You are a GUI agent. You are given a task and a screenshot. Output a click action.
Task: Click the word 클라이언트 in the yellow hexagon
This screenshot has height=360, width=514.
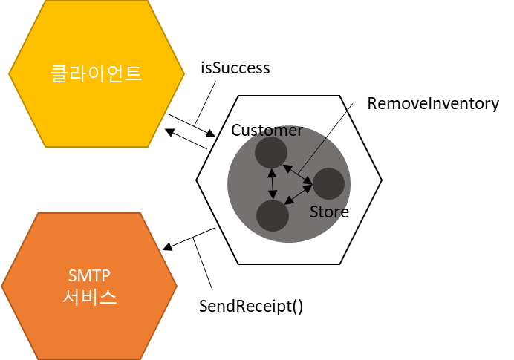tap(96, 73)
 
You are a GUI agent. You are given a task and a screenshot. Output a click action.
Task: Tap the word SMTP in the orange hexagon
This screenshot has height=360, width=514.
tap(89, 275)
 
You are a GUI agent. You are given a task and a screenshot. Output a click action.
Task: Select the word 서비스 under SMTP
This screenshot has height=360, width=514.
tap(89, 298)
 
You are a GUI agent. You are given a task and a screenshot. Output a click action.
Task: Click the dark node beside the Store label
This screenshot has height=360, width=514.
tap(328, 183)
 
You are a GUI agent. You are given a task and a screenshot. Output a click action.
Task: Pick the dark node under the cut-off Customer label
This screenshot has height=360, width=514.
tap(271, 152)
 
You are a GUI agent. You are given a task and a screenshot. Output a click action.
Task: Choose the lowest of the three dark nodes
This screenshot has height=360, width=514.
tap(273, 215)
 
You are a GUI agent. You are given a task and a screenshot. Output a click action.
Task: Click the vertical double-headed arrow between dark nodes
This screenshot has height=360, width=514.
tap(272, 184)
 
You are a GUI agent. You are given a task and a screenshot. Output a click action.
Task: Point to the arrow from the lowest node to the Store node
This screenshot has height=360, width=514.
tap(299, 194)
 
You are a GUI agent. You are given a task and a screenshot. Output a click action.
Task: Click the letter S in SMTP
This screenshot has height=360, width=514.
tap(72, 275)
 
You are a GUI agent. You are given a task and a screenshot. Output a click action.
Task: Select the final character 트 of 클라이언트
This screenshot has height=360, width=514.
tap(133, 73)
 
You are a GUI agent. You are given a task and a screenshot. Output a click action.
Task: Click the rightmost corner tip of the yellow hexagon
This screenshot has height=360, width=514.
tap(184, 73)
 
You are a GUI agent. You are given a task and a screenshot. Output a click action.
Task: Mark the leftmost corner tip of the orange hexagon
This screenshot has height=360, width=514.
tap(2, 286)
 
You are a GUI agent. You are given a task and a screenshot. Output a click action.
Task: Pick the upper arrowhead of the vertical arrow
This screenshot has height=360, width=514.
tap(271, 173)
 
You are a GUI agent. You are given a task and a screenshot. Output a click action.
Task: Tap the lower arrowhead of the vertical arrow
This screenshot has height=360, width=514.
tap(273, 196)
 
